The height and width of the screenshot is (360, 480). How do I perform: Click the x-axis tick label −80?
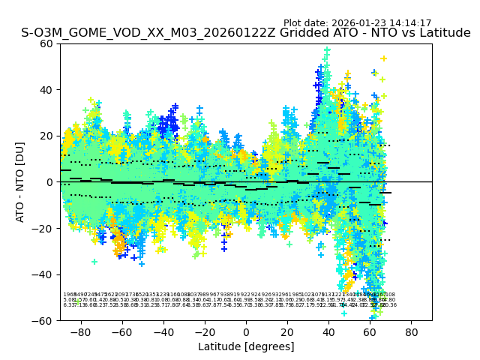tap(79, 331)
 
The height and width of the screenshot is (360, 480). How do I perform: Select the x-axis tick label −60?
tap(120, 331)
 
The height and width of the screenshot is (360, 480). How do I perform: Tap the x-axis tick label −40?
tap(162, 331)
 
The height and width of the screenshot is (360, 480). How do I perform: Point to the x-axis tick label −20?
tap(203, 331)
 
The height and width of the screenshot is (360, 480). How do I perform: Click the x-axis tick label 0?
tap(246, 331)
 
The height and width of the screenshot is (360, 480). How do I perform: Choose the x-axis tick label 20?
tap(287, 331)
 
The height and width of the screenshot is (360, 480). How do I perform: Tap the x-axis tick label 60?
tap(370, 331)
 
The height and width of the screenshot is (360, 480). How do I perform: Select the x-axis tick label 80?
tap(412, 331)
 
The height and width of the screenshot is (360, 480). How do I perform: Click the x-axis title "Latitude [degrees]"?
tap(246, 346)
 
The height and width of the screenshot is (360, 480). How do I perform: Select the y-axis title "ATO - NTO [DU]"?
tap(21, 182)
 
